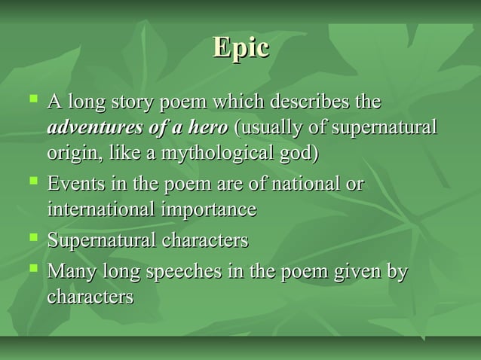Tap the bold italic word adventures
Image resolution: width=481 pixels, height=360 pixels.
92,127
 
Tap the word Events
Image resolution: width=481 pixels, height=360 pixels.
73,184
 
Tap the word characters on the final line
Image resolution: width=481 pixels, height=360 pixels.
90,296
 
